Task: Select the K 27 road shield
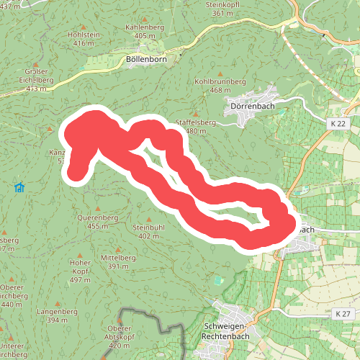[x=342, y=314]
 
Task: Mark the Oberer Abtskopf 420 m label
[x=120, y=332]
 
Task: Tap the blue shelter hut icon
[x=19, y=189]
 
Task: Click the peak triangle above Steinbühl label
[x=150, y=218]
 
